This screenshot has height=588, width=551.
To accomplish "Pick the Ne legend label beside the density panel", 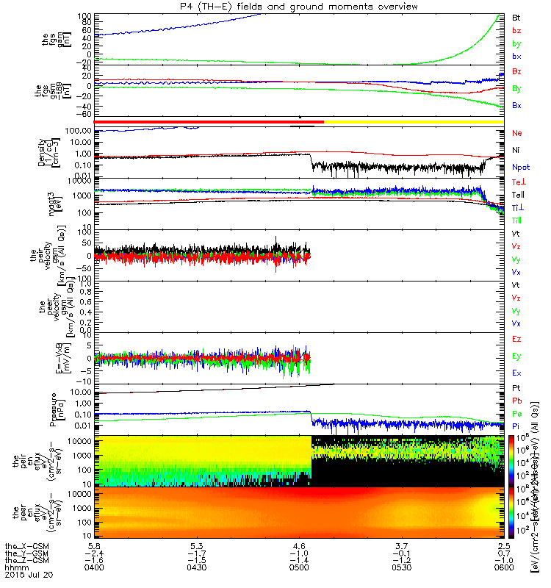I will tap(516, 133).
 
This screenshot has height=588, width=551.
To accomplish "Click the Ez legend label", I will tap(516, 339).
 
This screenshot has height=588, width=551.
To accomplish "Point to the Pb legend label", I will tap(516, 401).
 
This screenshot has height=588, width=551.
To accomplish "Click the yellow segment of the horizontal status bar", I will tap(411, 121).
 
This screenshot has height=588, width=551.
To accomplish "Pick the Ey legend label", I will tap(516, 356).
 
